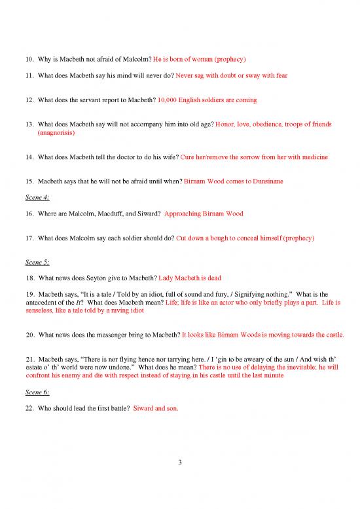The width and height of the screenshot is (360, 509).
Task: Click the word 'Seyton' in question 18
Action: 101,279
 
